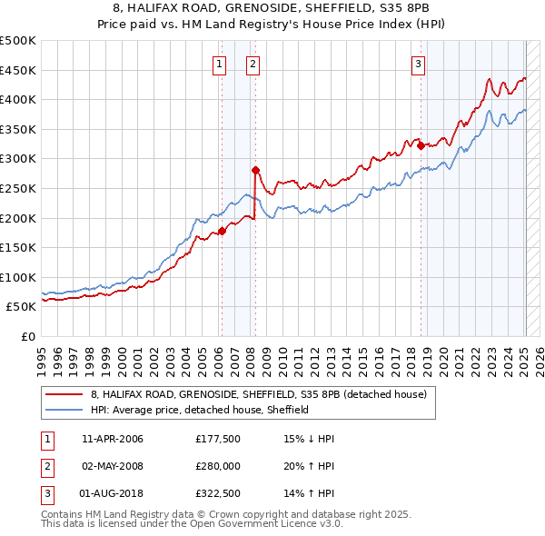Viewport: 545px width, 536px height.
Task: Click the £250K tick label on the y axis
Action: pyautogui.click(x=18, y=188)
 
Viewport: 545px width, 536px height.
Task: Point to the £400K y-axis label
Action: pyautogui.click(x=18, y=99)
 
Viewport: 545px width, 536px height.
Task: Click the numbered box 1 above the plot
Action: pyautogui.click(x=221, y=64)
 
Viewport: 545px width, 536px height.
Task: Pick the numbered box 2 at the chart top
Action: pyautogui.click(x=252, y=64)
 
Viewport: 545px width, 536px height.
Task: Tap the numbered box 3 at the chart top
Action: pyautogui.click(x=418, y=64)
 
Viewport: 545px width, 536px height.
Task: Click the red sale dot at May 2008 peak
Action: pyautogui.click(x=255, y=170)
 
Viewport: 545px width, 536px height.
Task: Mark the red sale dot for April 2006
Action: pyautogui.click(x=222, y=231)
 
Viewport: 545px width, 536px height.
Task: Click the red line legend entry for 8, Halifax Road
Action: pyautogui.click(x=264, y=395)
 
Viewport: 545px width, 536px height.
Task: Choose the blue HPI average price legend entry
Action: pyautogui.click(x=200, y=410)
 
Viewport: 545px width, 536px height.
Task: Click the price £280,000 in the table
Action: pyautogui.click(x=217, y=466)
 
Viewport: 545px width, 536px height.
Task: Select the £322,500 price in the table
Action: pyautogui.click(x=217, y=493)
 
